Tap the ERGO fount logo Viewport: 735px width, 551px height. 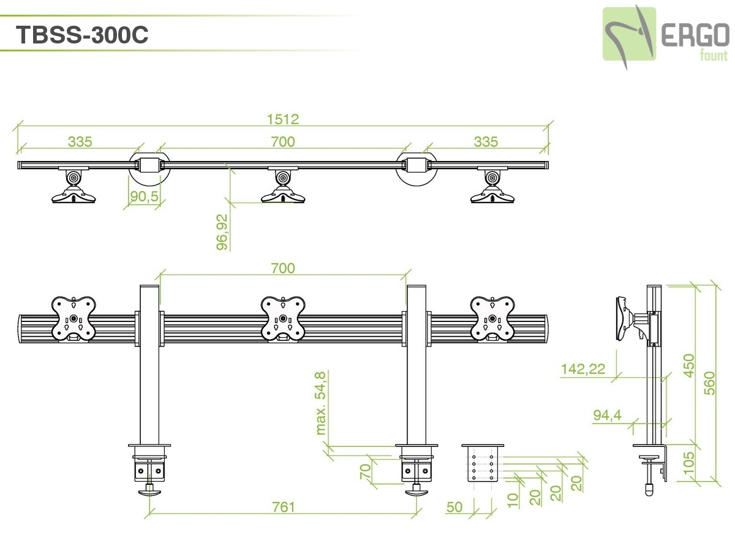click(665, 36)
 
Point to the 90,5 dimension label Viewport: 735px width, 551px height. click(145, 197)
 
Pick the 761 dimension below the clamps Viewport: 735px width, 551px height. click(284, 507)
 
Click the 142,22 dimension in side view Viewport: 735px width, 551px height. click(582, 369)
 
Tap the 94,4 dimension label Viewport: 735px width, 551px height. click(607, 415)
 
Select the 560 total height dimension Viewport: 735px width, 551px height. click(709, 383)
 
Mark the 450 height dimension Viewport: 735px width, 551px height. click(690, 366)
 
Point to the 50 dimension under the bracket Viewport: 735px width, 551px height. click(454, 508)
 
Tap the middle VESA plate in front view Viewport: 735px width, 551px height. click(283, 318)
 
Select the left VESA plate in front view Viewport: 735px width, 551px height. click(73, 318)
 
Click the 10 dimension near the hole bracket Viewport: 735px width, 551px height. click(513, 500)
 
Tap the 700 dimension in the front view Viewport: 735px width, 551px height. click(283, 268)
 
